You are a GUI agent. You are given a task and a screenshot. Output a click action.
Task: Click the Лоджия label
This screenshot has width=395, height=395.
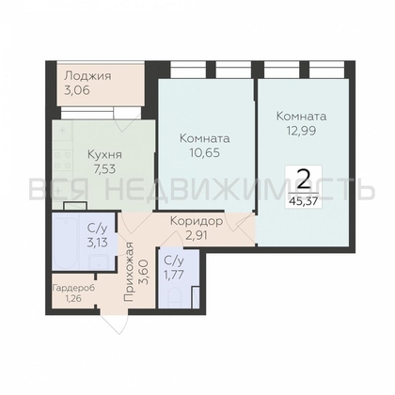(x=87, y=76)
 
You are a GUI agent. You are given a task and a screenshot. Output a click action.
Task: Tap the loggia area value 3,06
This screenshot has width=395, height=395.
(x=77, y=90)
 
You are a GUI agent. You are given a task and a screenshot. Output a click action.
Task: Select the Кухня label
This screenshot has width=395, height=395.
(x=104, y=155)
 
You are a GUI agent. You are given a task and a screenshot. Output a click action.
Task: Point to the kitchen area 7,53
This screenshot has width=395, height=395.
(x=104, y=169)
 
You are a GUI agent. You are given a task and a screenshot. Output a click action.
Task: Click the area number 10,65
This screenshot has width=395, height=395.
(x=204, y=152)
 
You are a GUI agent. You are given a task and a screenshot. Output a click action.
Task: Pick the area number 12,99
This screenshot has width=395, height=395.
(x=301, y=131)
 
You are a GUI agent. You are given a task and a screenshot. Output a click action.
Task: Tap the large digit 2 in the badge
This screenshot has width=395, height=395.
(x=303, y=180)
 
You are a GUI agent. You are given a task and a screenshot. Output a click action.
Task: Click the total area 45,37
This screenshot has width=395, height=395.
(x=303, y=200)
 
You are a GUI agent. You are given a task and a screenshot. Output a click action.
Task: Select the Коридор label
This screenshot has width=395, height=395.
(x=197, y=221)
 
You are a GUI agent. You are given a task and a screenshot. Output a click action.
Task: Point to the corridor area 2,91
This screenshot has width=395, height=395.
(x=197, y=235)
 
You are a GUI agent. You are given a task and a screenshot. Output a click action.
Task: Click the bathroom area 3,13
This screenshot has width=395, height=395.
(x=98, y=243)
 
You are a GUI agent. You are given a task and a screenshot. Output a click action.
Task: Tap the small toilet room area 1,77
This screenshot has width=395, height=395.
(x=173, y=275)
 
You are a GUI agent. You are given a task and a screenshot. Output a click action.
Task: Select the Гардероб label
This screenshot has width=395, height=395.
(x=73, y=288)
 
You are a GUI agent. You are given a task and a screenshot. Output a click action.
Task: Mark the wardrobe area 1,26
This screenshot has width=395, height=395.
(x=73, y=298)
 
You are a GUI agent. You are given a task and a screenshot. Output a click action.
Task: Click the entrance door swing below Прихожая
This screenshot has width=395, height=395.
(x=114, y=323)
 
